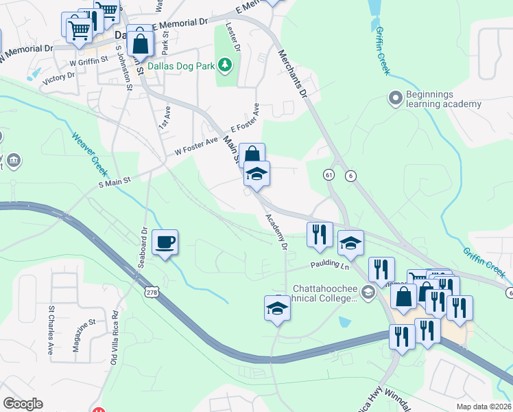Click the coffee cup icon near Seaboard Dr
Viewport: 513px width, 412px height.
tap(165, 242)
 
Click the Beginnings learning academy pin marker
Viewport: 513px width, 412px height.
tap(395, 99)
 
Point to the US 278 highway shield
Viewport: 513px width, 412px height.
tap(151, 293)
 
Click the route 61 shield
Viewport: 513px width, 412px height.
tap(329, 176)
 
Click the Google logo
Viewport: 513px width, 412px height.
tap(23, 404)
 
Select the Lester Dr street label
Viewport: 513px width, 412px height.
tap(233, 38)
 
